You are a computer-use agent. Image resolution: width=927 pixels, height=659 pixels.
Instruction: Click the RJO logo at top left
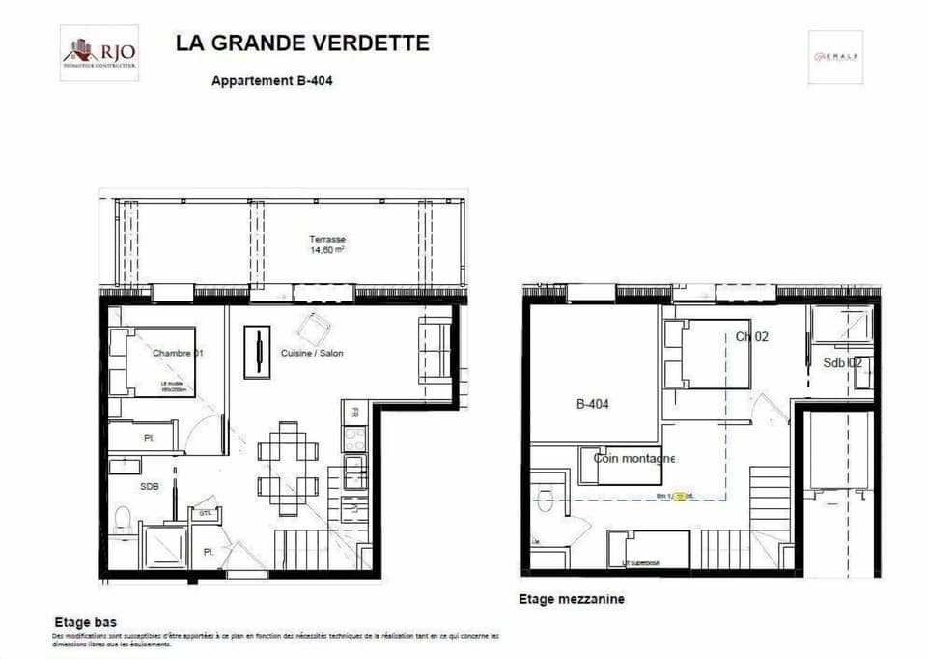click(x=99, y=52)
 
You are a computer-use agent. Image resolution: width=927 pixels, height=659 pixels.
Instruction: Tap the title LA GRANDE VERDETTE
click(x=302, y=43)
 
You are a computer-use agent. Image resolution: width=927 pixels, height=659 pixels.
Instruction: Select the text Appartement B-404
click(x=272, y=81)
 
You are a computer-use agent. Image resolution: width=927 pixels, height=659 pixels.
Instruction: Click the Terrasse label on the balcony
click(x=327, y=239)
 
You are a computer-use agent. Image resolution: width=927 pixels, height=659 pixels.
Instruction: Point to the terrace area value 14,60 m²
click(x=327, y=249)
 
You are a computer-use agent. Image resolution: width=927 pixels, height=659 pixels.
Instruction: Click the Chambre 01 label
click(x=178, y=353)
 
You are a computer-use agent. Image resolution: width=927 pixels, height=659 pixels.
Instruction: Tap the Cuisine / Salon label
click(x=312, y=353)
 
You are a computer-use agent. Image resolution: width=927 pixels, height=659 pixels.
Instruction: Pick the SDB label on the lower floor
click(x=149, y=487)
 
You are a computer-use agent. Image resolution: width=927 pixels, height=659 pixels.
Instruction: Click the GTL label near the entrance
click(x=206, y=514)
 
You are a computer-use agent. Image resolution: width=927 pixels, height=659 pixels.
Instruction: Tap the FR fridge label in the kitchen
click(x=355, y=412)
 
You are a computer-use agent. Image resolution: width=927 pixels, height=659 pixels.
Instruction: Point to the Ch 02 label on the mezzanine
click(x=753, y=337)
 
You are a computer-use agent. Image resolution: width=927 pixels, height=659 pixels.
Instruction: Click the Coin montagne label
click(x=634, y=458)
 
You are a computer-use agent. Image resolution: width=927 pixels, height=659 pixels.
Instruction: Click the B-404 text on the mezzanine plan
click(x=592, y=405)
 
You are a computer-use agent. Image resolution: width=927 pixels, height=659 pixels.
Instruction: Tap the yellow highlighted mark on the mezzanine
click(x=682, y=496)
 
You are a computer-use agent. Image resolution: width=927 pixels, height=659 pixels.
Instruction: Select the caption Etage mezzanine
click(x=572, y=599)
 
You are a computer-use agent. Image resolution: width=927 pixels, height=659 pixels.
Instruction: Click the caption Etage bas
click(x=79, y=623)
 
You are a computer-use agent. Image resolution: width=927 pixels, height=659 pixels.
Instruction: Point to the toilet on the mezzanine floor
click(x=546, y=501)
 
